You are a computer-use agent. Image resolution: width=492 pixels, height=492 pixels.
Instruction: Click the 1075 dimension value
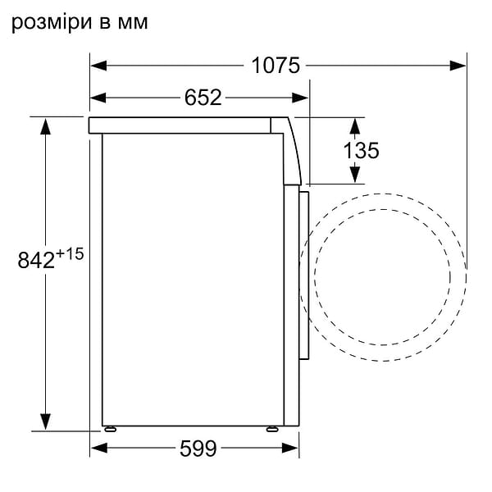[276, 66]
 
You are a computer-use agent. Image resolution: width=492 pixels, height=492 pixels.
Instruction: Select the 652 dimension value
[203, 98]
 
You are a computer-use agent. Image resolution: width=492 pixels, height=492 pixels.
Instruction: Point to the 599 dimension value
[197, 449]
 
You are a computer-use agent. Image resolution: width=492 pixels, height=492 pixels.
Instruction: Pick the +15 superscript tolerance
[71, 254]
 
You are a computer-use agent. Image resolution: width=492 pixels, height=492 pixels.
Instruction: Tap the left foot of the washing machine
[109, 427]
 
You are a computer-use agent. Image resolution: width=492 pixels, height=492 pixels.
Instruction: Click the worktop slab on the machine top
[180, 124]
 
